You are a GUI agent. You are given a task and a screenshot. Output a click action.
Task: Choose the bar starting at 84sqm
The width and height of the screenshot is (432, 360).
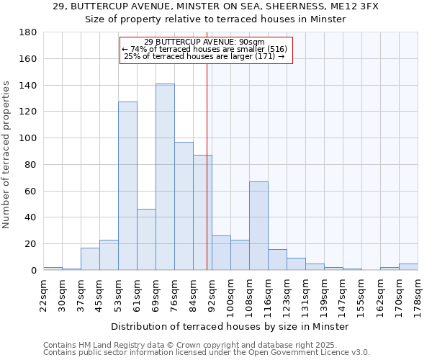coord(202,212)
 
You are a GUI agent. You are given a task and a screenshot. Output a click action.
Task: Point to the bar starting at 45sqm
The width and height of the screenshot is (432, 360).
coord(109,255)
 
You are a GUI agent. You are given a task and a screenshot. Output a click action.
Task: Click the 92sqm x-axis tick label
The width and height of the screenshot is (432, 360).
coord(212,294)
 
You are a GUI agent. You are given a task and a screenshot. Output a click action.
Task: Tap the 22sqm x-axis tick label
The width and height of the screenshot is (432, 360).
coord(43,294)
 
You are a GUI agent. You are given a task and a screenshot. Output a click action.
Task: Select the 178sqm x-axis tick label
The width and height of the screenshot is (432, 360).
coord(418,294)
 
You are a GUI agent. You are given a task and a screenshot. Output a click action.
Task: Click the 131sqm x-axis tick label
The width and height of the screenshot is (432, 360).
coord(305,294)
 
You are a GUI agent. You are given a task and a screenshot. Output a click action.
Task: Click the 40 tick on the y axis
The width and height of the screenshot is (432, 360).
coord(31,217)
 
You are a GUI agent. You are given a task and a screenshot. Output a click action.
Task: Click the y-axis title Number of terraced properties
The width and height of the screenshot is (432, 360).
coord(7,155)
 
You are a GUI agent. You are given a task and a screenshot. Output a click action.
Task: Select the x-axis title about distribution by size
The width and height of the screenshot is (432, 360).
coord(230,326)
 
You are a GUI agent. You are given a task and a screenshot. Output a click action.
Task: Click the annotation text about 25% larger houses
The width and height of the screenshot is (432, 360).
coord(205,56)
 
